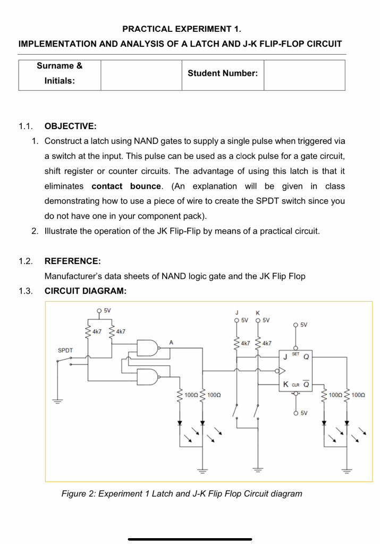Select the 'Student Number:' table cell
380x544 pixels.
pos(223,74)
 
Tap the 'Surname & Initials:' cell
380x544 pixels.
pos(60,74)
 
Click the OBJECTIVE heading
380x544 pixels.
pos(70,126)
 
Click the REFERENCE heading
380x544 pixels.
pos(72,261)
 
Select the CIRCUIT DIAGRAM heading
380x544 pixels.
pos(86,291)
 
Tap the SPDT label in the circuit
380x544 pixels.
pos(65,351)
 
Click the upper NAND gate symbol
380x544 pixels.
pos(147,348)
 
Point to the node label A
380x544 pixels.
pos(171,343)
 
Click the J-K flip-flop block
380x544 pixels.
pos(298,369)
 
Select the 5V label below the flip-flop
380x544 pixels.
pos(305,412)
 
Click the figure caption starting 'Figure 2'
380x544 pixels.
pos(182,494)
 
